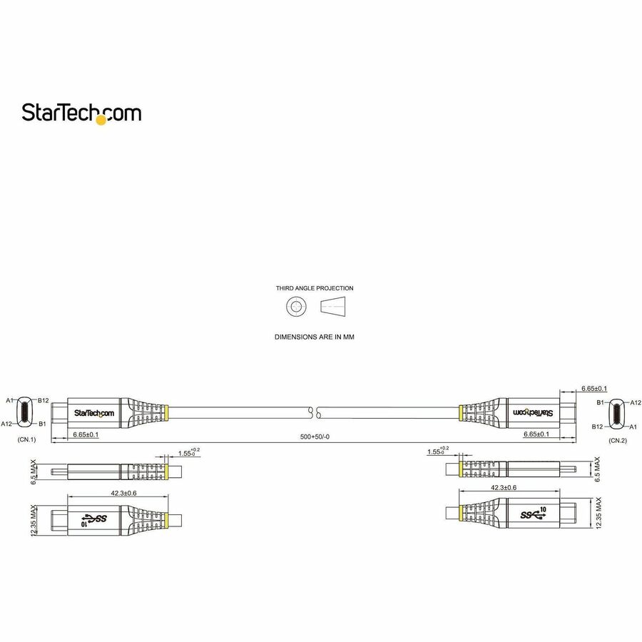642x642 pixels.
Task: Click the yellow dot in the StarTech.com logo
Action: tap(101, 121)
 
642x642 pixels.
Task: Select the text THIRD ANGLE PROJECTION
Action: tap(315, 289)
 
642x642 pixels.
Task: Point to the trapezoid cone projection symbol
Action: tap(335, 307)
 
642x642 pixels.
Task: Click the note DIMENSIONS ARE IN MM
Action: tap(315, 335)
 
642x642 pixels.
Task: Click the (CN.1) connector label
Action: tap(26, 440)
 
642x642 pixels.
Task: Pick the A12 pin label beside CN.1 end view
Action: tap(7, 424)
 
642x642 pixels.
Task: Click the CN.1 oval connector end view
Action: tap(26, 412)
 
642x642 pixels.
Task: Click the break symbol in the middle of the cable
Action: tap(314, 412)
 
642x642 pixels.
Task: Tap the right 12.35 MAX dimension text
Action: tap(599, 514)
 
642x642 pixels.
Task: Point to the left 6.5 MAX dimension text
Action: tap(34, 472)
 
